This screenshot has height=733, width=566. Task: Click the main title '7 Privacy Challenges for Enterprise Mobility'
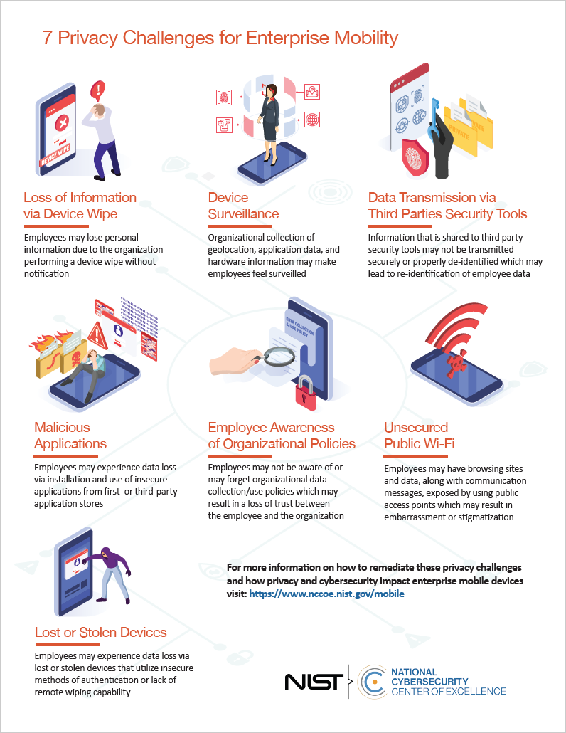tap(220, 38)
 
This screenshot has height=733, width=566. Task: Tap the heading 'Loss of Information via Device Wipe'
tap(80, 205)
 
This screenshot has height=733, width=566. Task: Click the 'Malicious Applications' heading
tap(70, 436)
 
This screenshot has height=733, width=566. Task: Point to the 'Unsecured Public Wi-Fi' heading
tap(419, 436)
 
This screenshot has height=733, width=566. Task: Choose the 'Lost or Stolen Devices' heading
tap(100, 632)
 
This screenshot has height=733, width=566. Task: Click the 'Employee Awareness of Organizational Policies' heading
tap(282, 436)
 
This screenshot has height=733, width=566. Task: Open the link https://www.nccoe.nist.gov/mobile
tap(326, 594)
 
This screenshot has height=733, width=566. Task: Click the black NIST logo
tap(314, 681)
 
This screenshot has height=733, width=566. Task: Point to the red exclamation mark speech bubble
tap(98, 90)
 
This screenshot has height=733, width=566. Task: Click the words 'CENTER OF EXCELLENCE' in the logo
tap(449, 691)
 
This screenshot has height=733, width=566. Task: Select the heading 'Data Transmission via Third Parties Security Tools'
tap(447, 205)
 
